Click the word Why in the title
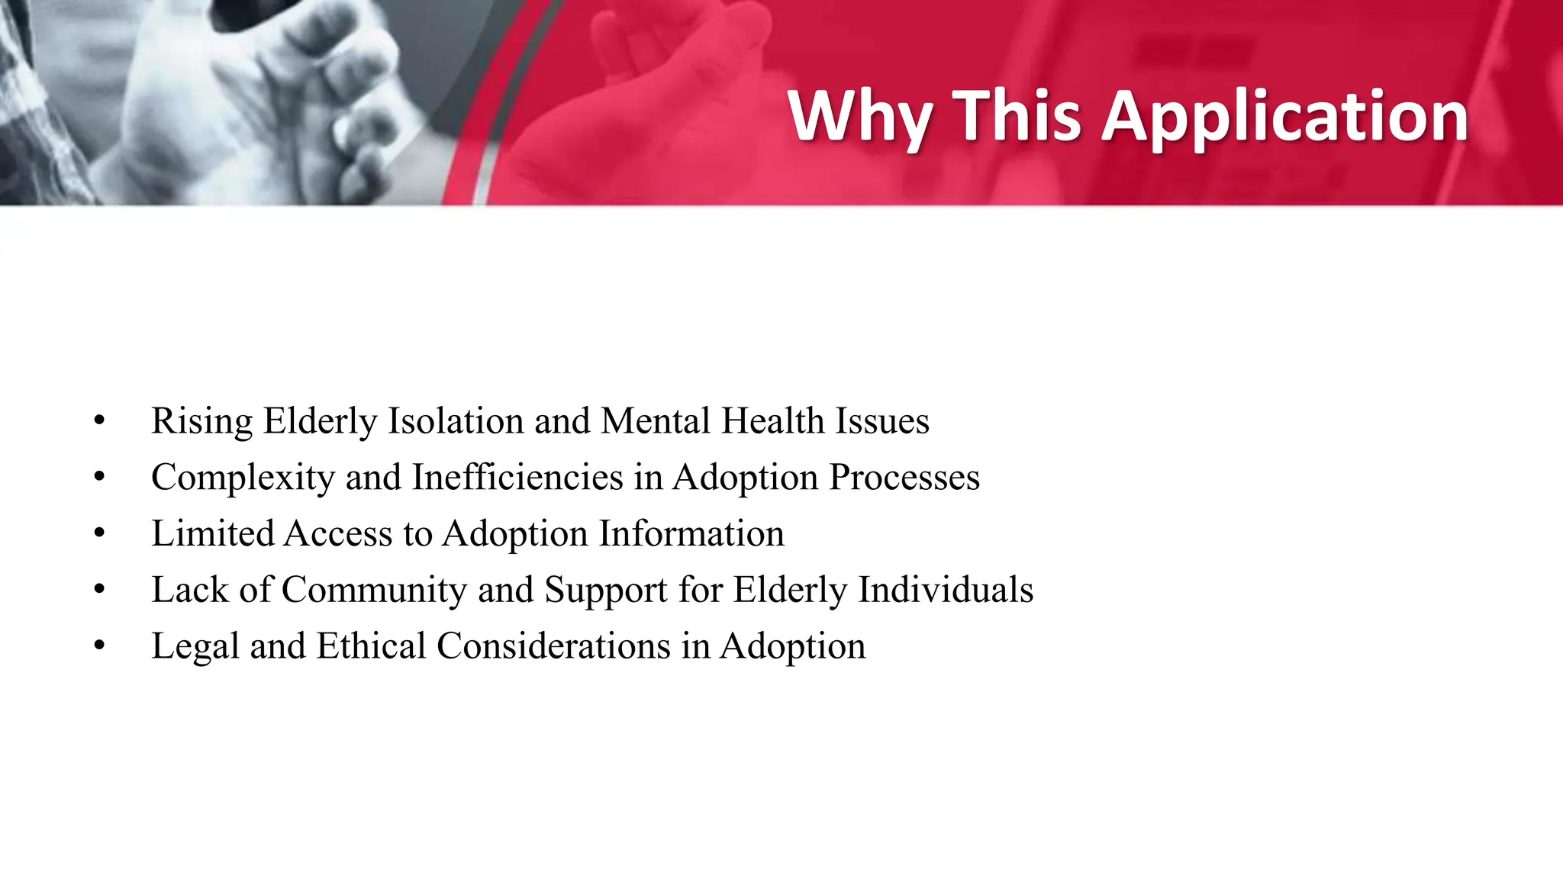point(859,117)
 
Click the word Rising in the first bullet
point(201,421)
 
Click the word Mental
point(656,421)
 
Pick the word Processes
point(904,478)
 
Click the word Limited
point(212,533)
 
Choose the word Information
point(691,533)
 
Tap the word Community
point(374,590)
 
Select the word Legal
point(195,646)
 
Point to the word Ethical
point(371,646)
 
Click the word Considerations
point(553,646)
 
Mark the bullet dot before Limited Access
point(99,533)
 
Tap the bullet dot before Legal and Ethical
point(99,646)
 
